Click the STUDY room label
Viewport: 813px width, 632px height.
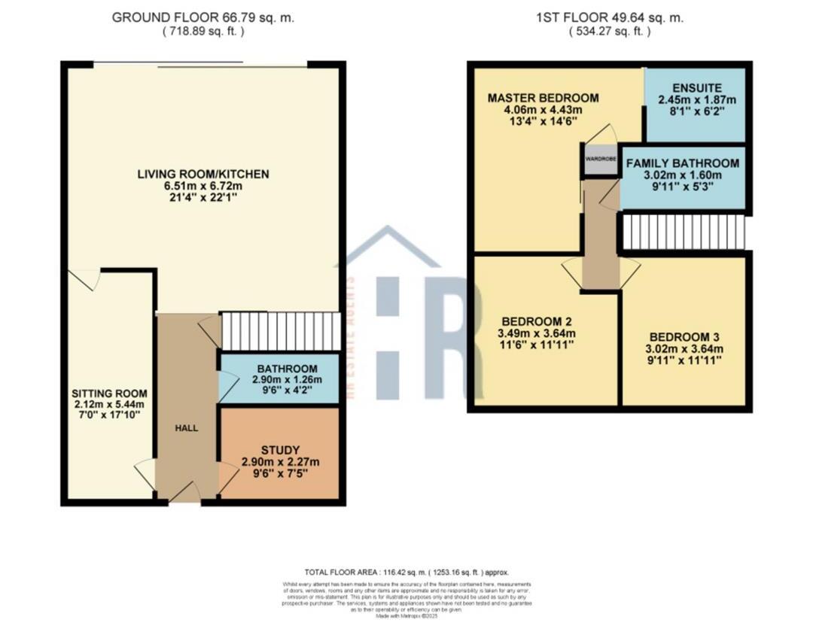(x=279, y=450)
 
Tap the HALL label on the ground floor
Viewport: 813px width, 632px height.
(x=186, y=428)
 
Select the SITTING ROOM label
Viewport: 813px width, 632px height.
(x=109, y=393)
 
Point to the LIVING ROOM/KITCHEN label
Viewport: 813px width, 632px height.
(x=203, y=175)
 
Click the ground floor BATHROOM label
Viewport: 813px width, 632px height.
(x=279, y=369)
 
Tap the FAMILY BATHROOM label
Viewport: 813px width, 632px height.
(x=682, y=163)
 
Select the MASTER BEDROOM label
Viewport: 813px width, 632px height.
(x=543, y=98)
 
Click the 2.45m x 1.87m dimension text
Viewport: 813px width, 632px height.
(x=696, y=99)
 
